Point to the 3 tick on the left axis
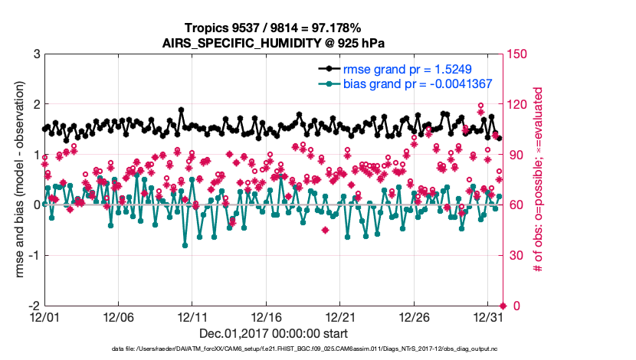(x=35, y=54)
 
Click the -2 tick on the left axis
(x=33, y=306)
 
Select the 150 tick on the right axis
(x=519, y=54)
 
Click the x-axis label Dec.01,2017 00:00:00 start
(x=274, y=333)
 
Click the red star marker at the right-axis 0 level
(x=503, y=306)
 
